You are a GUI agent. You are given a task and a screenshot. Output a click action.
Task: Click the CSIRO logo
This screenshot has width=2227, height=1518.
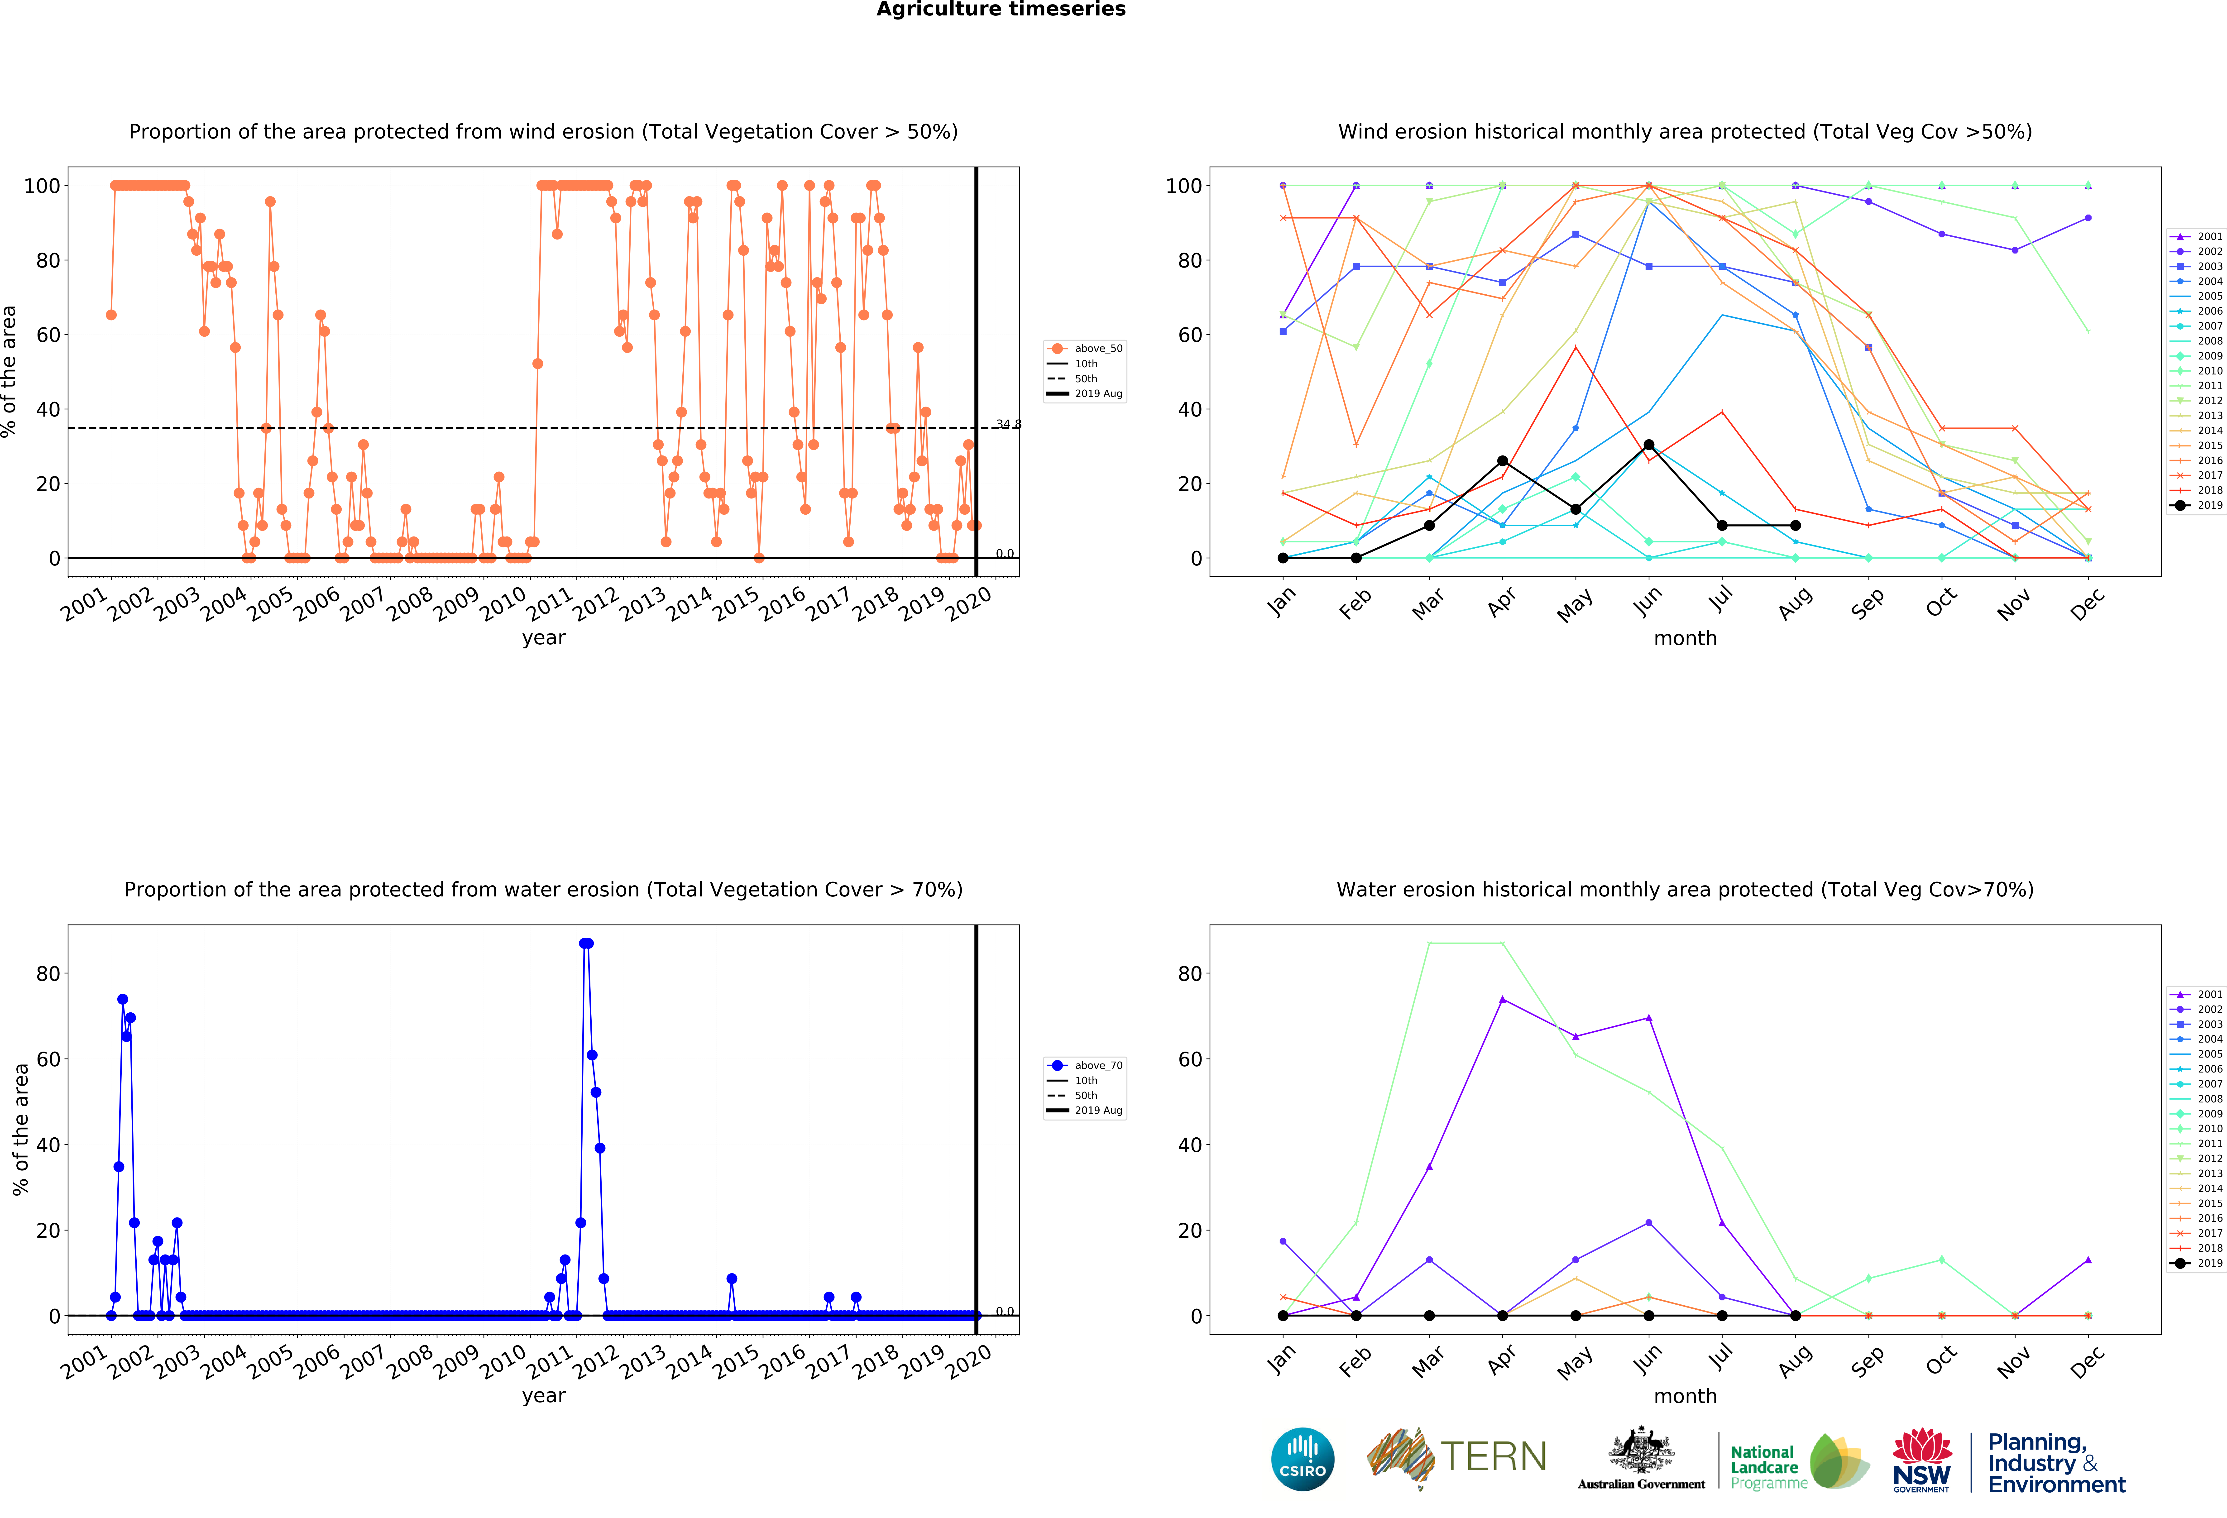click(1302, 1460)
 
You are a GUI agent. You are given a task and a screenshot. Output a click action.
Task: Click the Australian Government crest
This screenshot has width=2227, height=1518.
click(1642, 1452)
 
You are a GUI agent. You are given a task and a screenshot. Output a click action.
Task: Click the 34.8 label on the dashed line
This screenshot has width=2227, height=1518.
click(1008, 425)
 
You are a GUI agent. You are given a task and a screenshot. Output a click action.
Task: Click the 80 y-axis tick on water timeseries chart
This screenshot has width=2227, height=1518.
click(48, 974)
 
